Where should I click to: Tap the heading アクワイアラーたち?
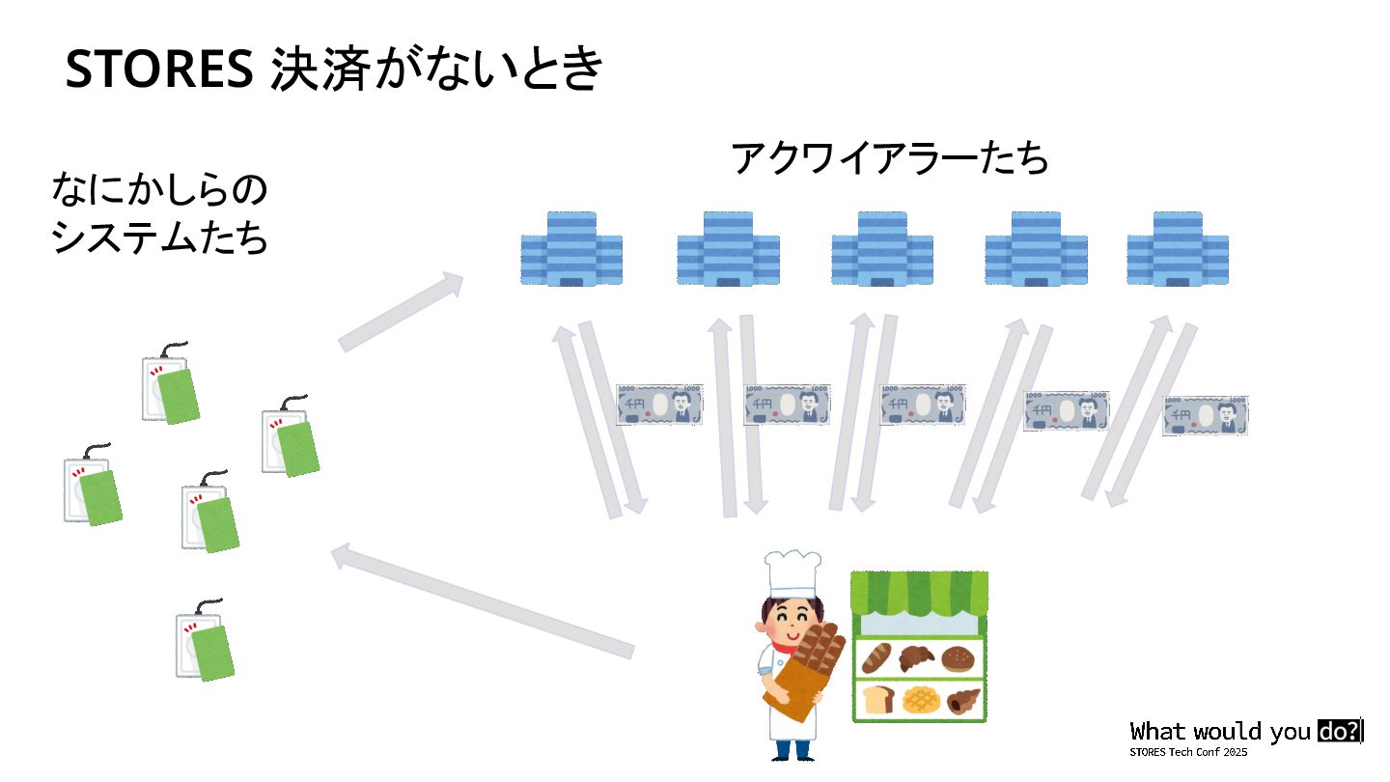tap(889, 158)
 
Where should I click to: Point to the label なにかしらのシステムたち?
tap(159, 214)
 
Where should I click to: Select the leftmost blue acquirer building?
tap(571, 249)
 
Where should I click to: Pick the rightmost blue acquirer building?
tap(1178, 249)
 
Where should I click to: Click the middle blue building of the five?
tap(882, 249)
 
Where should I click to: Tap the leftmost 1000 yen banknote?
tap(659, 405)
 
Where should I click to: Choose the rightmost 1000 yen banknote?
tap(1205, 415)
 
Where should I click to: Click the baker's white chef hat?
tap(792, 573)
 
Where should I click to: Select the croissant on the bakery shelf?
tap(917, 658)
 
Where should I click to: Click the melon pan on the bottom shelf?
tap(920, 699)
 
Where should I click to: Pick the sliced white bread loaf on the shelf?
tap(877, 699)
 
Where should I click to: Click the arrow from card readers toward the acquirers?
tap(401, 311)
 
